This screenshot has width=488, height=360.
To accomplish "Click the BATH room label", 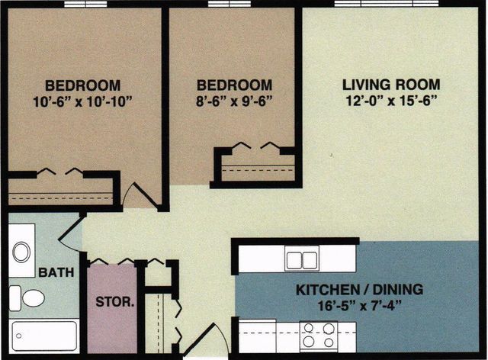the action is pyautogui.click(x=56, y=272).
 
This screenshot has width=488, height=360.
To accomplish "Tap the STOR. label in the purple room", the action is pyautogui.click(x=115, y=302).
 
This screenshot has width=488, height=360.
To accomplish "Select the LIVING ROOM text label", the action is pyautogui.click(x=391, y=85).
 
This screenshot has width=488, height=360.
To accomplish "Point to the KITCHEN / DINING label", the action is pyautogui.click(x=359, y=290).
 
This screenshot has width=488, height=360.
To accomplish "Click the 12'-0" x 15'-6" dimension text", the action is pyautogui.click(x=392, y=101).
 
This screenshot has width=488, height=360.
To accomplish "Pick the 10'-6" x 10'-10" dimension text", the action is pyautogui.click(x=83, y=101).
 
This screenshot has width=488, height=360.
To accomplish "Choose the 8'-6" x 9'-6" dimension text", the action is pyautogui.click(x=234, y=101).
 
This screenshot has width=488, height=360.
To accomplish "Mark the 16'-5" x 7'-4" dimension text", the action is pyautogui.click(x=359, y=306).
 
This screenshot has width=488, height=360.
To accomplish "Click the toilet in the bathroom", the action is pyautogui.click(x=27, y=298).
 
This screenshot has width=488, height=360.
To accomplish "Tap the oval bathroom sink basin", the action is pyautogui.click(x=21, y=252).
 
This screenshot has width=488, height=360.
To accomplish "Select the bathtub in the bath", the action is pyautogui.click(x=43, y=336).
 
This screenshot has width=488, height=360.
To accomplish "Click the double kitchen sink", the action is pyautogui.click(x=302, y=260).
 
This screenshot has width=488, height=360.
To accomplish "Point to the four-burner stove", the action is pyautogui.click(x=319, y=336).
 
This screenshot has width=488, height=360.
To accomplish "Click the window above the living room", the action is pyautogui.click(x=387, y=3).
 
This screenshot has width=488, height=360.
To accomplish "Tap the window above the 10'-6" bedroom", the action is pyautogui.click(x=85, y=4).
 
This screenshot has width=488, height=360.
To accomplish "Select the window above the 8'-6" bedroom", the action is pyautogui.click(x=230, y=4).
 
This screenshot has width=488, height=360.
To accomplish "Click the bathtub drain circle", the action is pyautogui.click(x=19, y=336).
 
